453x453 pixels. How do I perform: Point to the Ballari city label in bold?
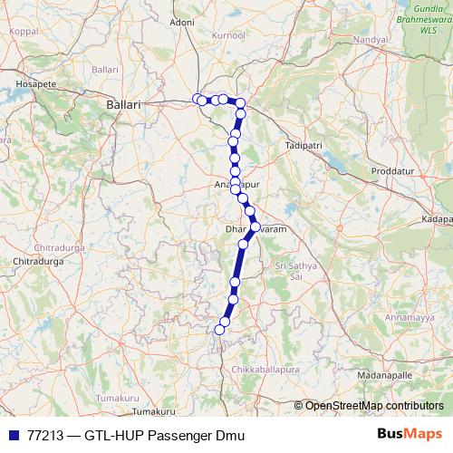point(123,105)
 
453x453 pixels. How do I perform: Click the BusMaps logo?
point(409,435)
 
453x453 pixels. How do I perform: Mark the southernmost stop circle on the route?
point(217,331)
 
